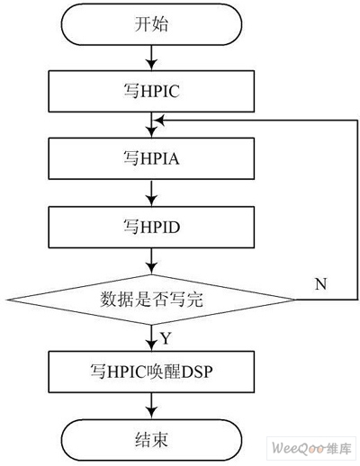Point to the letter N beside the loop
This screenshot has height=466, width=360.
coord(321,284)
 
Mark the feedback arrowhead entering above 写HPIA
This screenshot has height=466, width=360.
coord(158,119)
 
